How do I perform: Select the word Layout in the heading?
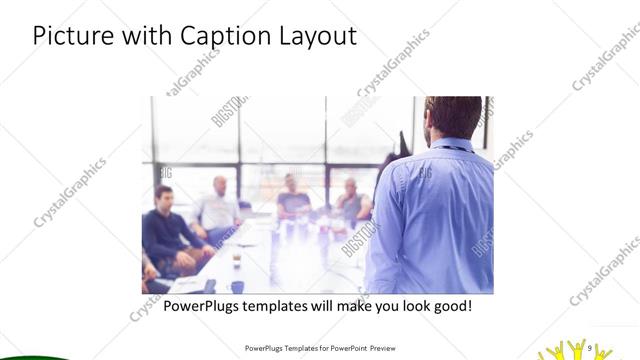click(x=316, y=37)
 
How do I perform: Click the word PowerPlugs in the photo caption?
click(x=207, y=305)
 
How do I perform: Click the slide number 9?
click(x=591, y=348)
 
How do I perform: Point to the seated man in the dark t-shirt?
click(x=294, y=197)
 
